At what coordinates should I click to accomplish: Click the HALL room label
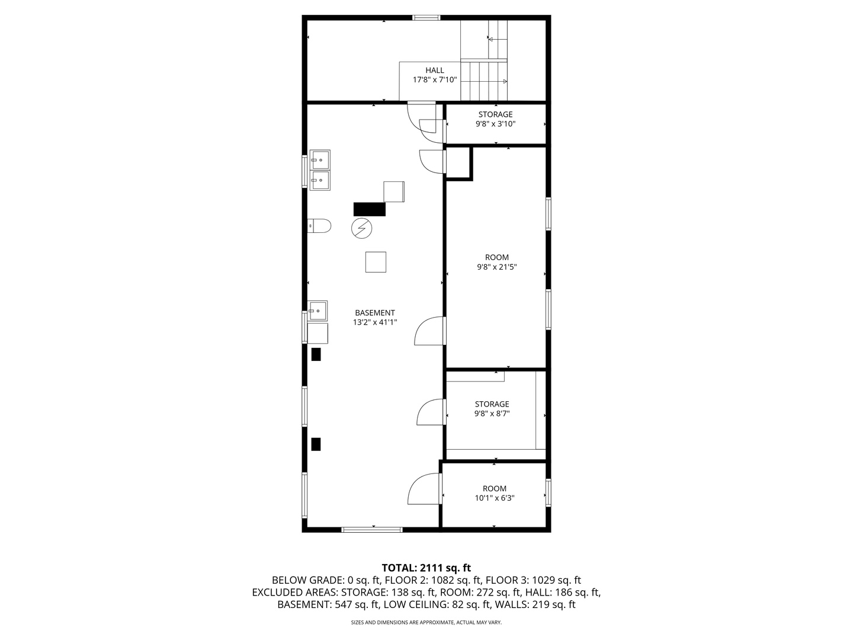point(434,71)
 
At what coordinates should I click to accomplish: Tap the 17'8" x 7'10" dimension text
point(434,80)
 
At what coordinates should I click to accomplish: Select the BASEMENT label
point(374,313)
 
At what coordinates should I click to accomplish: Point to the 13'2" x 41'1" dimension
point(374,322)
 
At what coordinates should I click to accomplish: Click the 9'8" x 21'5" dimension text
point(496,267)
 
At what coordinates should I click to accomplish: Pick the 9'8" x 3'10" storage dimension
point(495,124)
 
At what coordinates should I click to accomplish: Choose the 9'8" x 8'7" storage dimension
point(491,414)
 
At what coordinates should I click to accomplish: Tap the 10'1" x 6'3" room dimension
point(494,498)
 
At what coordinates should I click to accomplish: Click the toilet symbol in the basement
point(320,226)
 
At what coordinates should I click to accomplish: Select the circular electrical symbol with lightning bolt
point(361,228)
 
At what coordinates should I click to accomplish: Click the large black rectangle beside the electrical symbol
point(370,209)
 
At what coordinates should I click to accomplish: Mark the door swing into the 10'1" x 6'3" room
point(424,490)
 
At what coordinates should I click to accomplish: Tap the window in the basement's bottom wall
point(372,529)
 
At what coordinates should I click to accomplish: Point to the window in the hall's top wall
point(426,18)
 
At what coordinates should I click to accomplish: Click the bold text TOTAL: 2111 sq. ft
point(426,568)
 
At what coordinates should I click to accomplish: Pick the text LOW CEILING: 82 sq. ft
point(436,605)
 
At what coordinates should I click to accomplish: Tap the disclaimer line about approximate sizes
point(426,623)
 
